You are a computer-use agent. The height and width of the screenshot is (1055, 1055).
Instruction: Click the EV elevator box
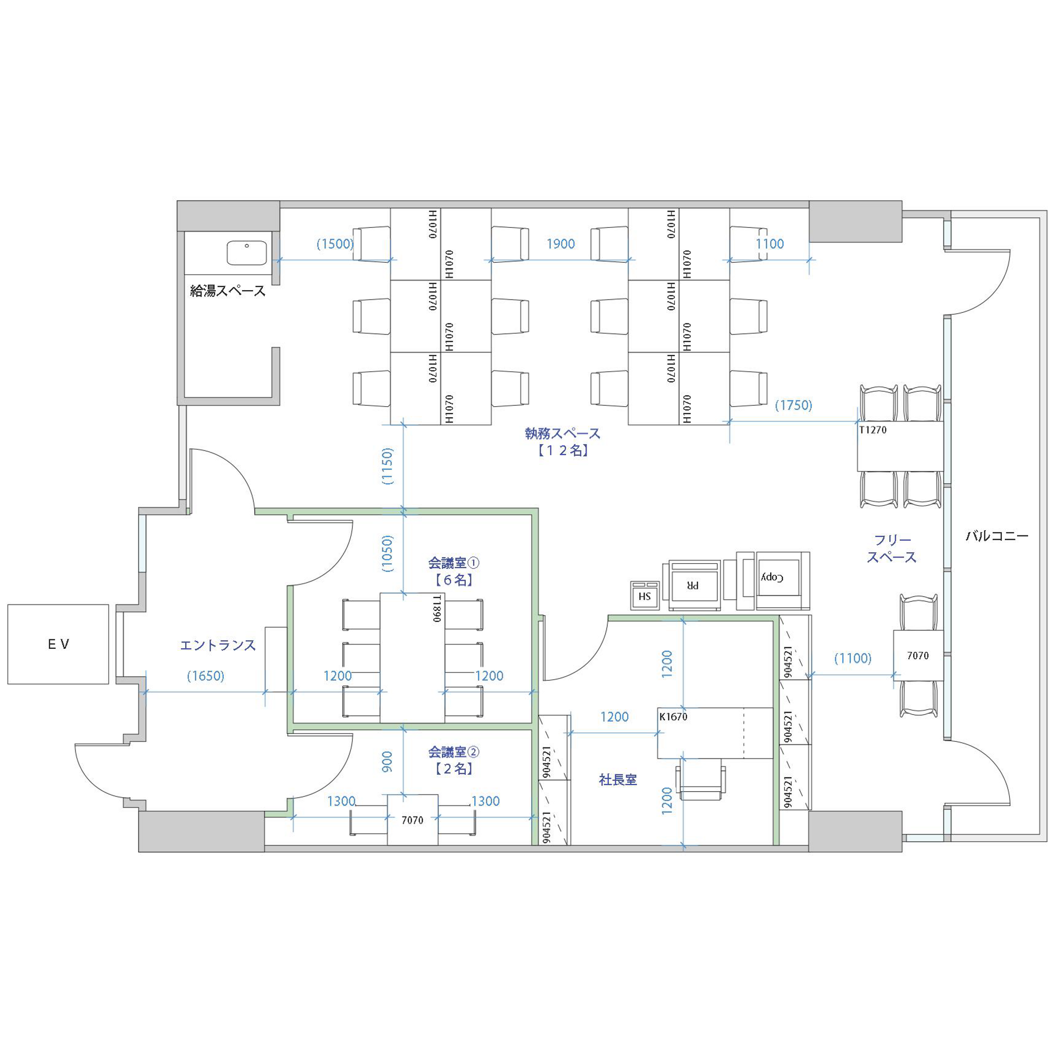[x=58, y=645]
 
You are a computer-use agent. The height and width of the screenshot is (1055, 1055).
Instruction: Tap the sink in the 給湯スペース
[x=247, y=253]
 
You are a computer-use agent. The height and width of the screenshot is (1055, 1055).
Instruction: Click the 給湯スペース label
[x=228, y=291]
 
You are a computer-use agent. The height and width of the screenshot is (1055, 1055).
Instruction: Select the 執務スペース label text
[x=562, y=434]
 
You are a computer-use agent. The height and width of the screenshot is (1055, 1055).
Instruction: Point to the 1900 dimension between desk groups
[x=561, y=244]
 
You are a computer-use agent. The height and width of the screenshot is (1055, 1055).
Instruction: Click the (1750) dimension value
[x=793, y=405]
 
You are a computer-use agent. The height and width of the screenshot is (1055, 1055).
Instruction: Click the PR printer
[x=693, y=585]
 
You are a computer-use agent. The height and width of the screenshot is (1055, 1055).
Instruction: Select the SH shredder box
[x=645, y=596]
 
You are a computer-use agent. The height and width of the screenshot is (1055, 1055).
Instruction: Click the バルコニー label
[x=997, y=536]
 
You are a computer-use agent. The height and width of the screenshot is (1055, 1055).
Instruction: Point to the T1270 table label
[x=872, y=430]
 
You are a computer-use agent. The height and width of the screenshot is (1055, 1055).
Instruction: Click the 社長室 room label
[x=618, y=780]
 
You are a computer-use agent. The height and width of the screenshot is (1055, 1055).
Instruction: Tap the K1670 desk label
[x=673, y=716]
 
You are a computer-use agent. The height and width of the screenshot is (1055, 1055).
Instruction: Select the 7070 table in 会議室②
[x=413, y=820]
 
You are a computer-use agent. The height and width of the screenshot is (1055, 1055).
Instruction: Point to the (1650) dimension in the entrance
[x=206, y=676]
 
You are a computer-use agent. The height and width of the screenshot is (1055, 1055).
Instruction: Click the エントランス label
[x=218, y=645]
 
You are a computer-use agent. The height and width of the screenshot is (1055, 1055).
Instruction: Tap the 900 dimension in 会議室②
[x=387, y=762]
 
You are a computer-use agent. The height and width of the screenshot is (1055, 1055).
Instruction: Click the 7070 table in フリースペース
[x=918, y=655]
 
